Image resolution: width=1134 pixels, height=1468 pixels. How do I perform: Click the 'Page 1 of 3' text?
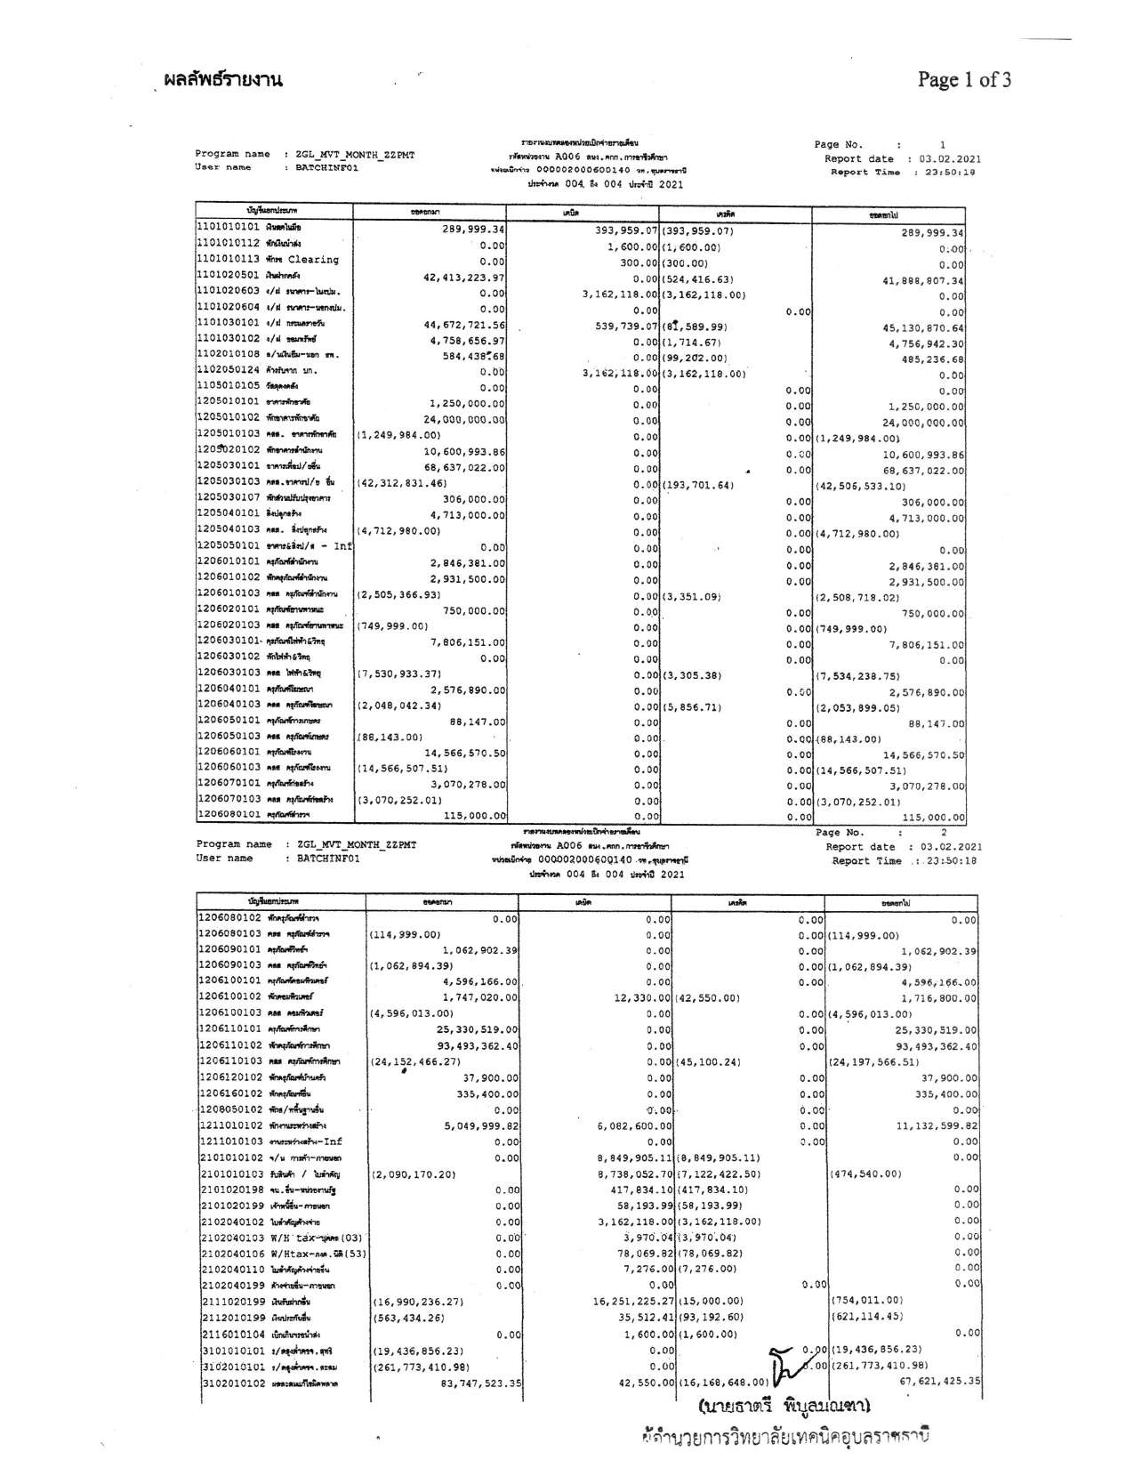(964, 81)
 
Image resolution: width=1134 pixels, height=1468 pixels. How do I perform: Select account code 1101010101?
(228, 229)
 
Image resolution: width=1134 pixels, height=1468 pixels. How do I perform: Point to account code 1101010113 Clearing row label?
(268, 261)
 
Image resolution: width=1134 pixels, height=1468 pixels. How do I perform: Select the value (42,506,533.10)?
(861, 487)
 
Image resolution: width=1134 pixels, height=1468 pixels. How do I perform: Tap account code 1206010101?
(228, 562)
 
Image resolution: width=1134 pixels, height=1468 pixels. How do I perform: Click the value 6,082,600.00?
(634, 1126)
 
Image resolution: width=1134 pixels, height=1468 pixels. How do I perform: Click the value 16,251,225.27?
(631, 1301)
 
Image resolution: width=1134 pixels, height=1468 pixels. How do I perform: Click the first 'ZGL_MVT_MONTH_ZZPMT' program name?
(355, 155)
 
